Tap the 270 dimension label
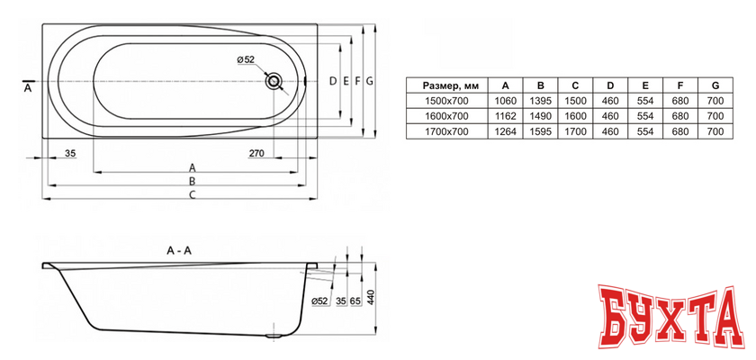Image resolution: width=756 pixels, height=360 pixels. click(x=256, y=154)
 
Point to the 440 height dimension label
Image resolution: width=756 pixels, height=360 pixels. click(x=370, y=299)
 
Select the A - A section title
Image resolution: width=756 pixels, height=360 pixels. click(x=179, y=250)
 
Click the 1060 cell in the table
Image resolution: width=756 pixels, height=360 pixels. click(x=505, y=101)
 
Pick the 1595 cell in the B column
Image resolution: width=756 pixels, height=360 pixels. click(x=541, y=131)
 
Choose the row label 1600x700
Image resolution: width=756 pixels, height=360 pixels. click(x=446, y=116)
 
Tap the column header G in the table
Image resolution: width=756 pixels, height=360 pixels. click(x=715, y=85)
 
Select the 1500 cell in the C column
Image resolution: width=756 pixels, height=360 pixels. click(x=575, y=101)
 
